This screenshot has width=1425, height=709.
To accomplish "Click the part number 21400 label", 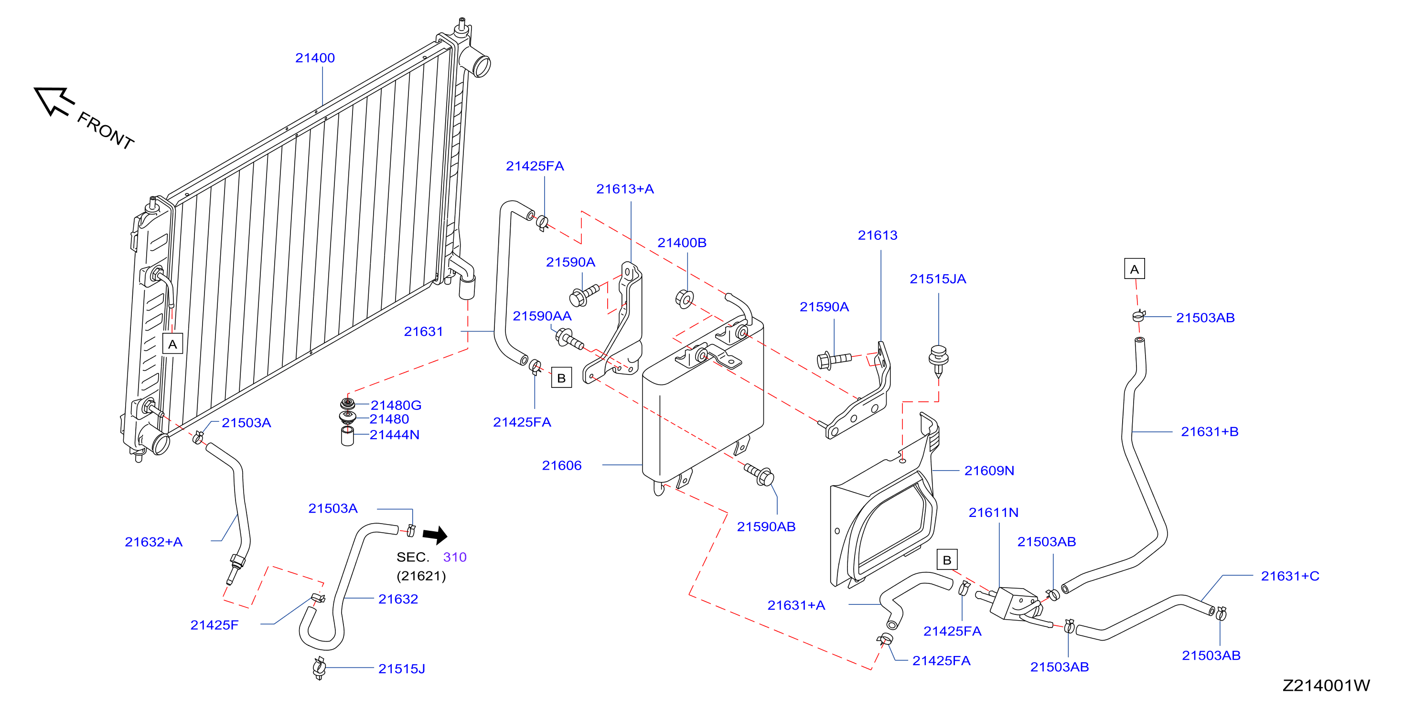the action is [x=315, y=58].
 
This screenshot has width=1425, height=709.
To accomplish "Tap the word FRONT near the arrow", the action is [x=106, y=130].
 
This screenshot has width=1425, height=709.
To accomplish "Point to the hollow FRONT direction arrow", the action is [x=53, y=101].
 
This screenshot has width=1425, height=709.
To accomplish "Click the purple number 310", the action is [x=455, y=557].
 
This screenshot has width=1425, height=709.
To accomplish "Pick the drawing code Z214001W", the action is [x=1326, y=685].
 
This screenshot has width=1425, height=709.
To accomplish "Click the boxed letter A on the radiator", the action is [x=172, y=344].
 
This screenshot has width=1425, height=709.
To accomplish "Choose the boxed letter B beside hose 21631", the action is [x=561, y=378].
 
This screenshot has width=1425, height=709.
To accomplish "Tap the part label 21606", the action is [x=561, y=466].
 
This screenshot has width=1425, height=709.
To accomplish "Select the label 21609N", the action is [x=989, y=471].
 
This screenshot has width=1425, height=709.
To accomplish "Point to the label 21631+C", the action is [x=1289, y=576].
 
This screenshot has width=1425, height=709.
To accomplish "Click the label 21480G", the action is [x=396, y=405].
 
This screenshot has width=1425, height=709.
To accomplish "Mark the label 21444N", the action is [x=395, y=435].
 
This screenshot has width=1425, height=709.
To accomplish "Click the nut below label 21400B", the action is [x=684, y=299].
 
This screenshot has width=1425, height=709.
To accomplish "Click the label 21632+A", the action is [x=153, y=542].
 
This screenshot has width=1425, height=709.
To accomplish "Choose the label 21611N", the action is [x=993, y=513].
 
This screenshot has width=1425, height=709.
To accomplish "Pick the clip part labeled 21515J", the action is [x=319, y=668].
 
